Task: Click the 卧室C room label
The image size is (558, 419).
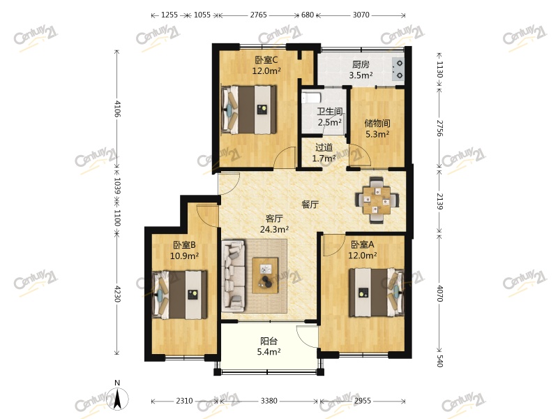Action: coord(266,59)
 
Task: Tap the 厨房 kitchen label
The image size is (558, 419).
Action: coord(361,64)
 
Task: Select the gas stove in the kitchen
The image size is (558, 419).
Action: coord(398,69)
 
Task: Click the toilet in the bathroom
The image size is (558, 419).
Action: coord(311,97)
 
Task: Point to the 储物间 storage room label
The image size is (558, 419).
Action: coord(377,124)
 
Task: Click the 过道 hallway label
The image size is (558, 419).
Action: coord(324,147)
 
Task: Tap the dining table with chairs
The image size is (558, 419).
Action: coord(377,200)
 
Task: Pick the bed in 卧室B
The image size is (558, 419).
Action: coord(179,295)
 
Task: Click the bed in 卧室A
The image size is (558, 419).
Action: coord(377,293)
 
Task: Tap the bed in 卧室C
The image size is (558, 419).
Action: coord(249,110)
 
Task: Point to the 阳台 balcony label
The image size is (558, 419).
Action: coord(269,341)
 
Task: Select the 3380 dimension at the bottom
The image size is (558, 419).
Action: coord(269,401)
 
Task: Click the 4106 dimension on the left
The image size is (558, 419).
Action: coord(117,109)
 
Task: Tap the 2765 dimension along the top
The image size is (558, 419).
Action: coord(258,15)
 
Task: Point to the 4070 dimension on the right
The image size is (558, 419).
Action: coord(440,293)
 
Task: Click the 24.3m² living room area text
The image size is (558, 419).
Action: coord(274,229)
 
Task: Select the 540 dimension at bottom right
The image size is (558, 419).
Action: coord(440,361)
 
